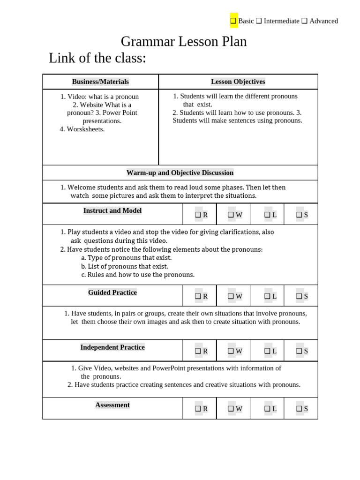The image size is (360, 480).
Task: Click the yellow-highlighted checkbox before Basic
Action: (233, 21)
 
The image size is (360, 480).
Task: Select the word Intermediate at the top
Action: (281, 21)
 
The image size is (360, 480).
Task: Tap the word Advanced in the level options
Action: (323, 21)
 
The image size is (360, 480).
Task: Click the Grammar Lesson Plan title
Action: (184, 42)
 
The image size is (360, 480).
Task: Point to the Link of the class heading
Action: (97, 58)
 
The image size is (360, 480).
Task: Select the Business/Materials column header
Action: (100, 82)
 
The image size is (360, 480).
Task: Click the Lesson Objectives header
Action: (238, 82)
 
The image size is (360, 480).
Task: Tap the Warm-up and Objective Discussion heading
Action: (180, 172)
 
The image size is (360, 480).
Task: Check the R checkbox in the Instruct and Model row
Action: (198, 215)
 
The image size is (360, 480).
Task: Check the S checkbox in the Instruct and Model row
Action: (299, 215)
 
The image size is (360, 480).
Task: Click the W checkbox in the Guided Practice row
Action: (231, 296)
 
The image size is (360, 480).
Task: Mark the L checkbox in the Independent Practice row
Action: (267, 351)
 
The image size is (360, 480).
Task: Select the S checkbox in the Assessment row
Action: (299, 409)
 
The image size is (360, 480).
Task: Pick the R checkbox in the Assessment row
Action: (198, 409)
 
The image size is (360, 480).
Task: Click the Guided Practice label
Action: (112, 292)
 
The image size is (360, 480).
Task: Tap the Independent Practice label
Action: (112, 347)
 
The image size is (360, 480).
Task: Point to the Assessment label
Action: (112, 405)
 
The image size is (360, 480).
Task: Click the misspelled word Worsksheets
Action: (85, 129)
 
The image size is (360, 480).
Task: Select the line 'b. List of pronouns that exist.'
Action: (118, 266)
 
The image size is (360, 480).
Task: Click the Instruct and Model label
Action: (112, 211)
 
